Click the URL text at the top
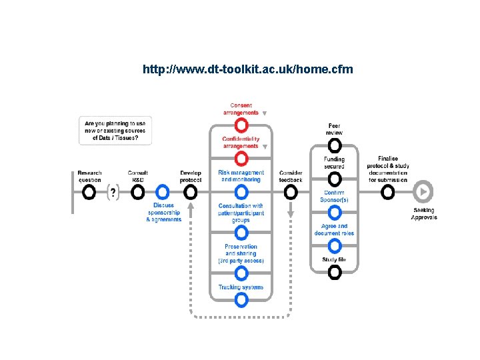247,69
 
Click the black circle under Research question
89,192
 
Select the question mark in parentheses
113,193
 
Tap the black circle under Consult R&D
138,192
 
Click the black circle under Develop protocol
191,192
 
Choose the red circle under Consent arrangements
241,125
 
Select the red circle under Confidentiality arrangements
241,158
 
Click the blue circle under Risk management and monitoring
241,192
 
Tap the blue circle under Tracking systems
241,300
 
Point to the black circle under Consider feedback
291,192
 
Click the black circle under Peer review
335,145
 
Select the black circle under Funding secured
335,179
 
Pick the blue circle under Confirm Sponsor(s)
335,212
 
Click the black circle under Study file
335,271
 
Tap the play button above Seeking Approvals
423,192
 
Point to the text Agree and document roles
334,230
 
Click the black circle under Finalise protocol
388,192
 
